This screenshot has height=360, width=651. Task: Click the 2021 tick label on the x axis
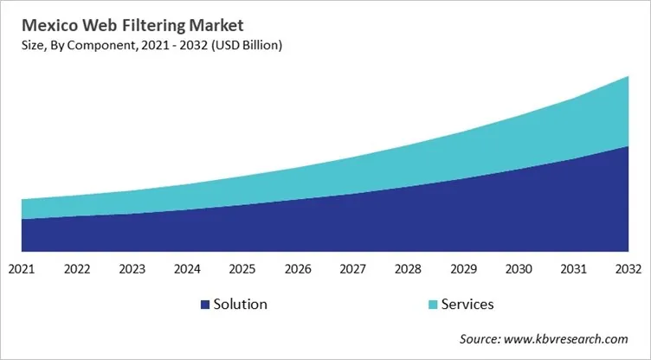[22, 269]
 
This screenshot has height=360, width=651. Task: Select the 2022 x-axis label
[77, 269]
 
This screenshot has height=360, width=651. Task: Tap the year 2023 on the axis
[132, 269]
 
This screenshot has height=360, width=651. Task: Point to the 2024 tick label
[188, 269]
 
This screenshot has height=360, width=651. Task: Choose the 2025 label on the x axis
[243, 269]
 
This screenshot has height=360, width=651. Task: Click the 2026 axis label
[298, 269]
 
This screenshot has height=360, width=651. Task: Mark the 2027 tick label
[353, 269]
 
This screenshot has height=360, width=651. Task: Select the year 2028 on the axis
[409, 269]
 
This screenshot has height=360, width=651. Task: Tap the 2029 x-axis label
[464, 269]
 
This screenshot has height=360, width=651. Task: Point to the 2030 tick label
[519, 269]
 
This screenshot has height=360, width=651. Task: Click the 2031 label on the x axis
[574, 269]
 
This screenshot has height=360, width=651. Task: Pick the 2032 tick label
[628, 269]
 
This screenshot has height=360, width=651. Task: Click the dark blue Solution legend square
[204, 305]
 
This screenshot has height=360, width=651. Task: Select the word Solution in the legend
[241, 305]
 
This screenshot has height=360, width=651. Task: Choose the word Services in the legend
[467, 305]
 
